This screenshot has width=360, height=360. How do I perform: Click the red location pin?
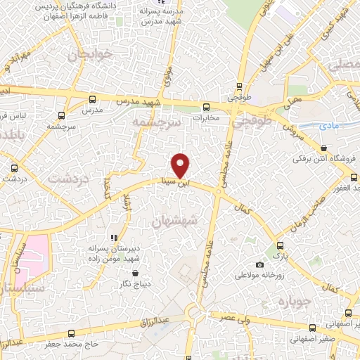tap(181, 165)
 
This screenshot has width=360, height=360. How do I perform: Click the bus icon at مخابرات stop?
tap(206, 108)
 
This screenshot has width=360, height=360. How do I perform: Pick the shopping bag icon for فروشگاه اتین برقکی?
tap(323, 148)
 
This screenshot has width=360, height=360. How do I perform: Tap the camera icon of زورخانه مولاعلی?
tap(260, 264)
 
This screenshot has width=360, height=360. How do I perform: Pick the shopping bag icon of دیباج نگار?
tap(136, 273)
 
